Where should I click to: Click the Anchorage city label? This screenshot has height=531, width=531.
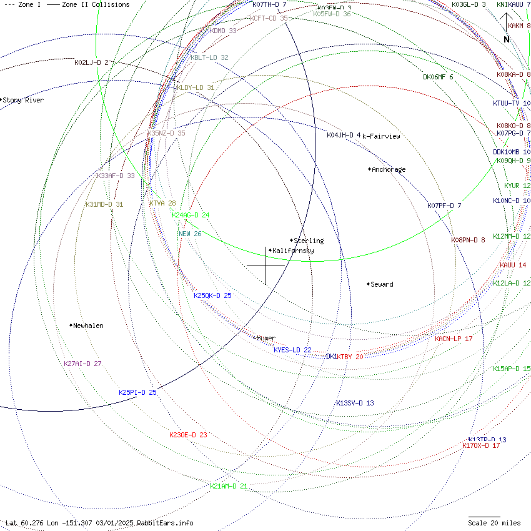(x=389, y=169)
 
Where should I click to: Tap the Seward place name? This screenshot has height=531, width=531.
(x=382, y=284)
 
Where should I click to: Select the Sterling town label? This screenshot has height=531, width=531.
(x=309, y=241)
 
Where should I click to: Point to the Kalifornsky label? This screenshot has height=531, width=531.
(x=293, y=251)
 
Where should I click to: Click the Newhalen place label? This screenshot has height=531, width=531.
(x=88, y=325)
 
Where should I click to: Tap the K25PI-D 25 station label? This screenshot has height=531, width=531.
(x=137, y=392)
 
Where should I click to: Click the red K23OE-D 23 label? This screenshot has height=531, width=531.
(x=188, y=435)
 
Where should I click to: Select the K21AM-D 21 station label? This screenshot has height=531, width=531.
(x=229, y=486)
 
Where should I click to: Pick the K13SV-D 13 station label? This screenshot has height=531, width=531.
(x=355, y=403)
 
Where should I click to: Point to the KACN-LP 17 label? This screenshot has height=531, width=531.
(x=454, y=339)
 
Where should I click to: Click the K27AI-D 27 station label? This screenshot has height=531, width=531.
(x=82, y=364)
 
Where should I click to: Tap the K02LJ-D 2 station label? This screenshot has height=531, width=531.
(x=91, y=62)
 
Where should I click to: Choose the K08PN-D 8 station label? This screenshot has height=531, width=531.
(x=468, y=240)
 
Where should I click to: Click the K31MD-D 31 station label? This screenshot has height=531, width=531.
(x=104, y=204)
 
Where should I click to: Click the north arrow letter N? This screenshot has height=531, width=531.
(x=507, y=39)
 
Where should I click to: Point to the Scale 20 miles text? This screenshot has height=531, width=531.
(x=494, y=523)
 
